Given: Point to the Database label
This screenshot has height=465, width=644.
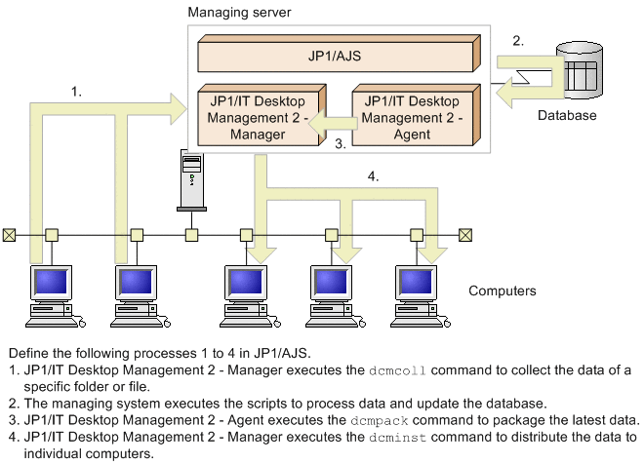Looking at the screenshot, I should pos(566,115).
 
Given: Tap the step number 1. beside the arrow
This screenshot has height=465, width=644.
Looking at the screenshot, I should pos(76,91).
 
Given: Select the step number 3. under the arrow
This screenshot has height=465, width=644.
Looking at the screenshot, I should pos(341,143).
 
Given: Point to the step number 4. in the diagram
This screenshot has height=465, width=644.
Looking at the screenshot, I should pos(372,176).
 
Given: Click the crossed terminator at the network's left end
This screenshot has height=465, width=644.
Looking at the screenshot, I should pos(10,234).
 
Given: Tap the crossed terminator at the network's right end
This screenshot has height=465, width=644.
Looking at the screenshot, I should pos(465,234).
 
